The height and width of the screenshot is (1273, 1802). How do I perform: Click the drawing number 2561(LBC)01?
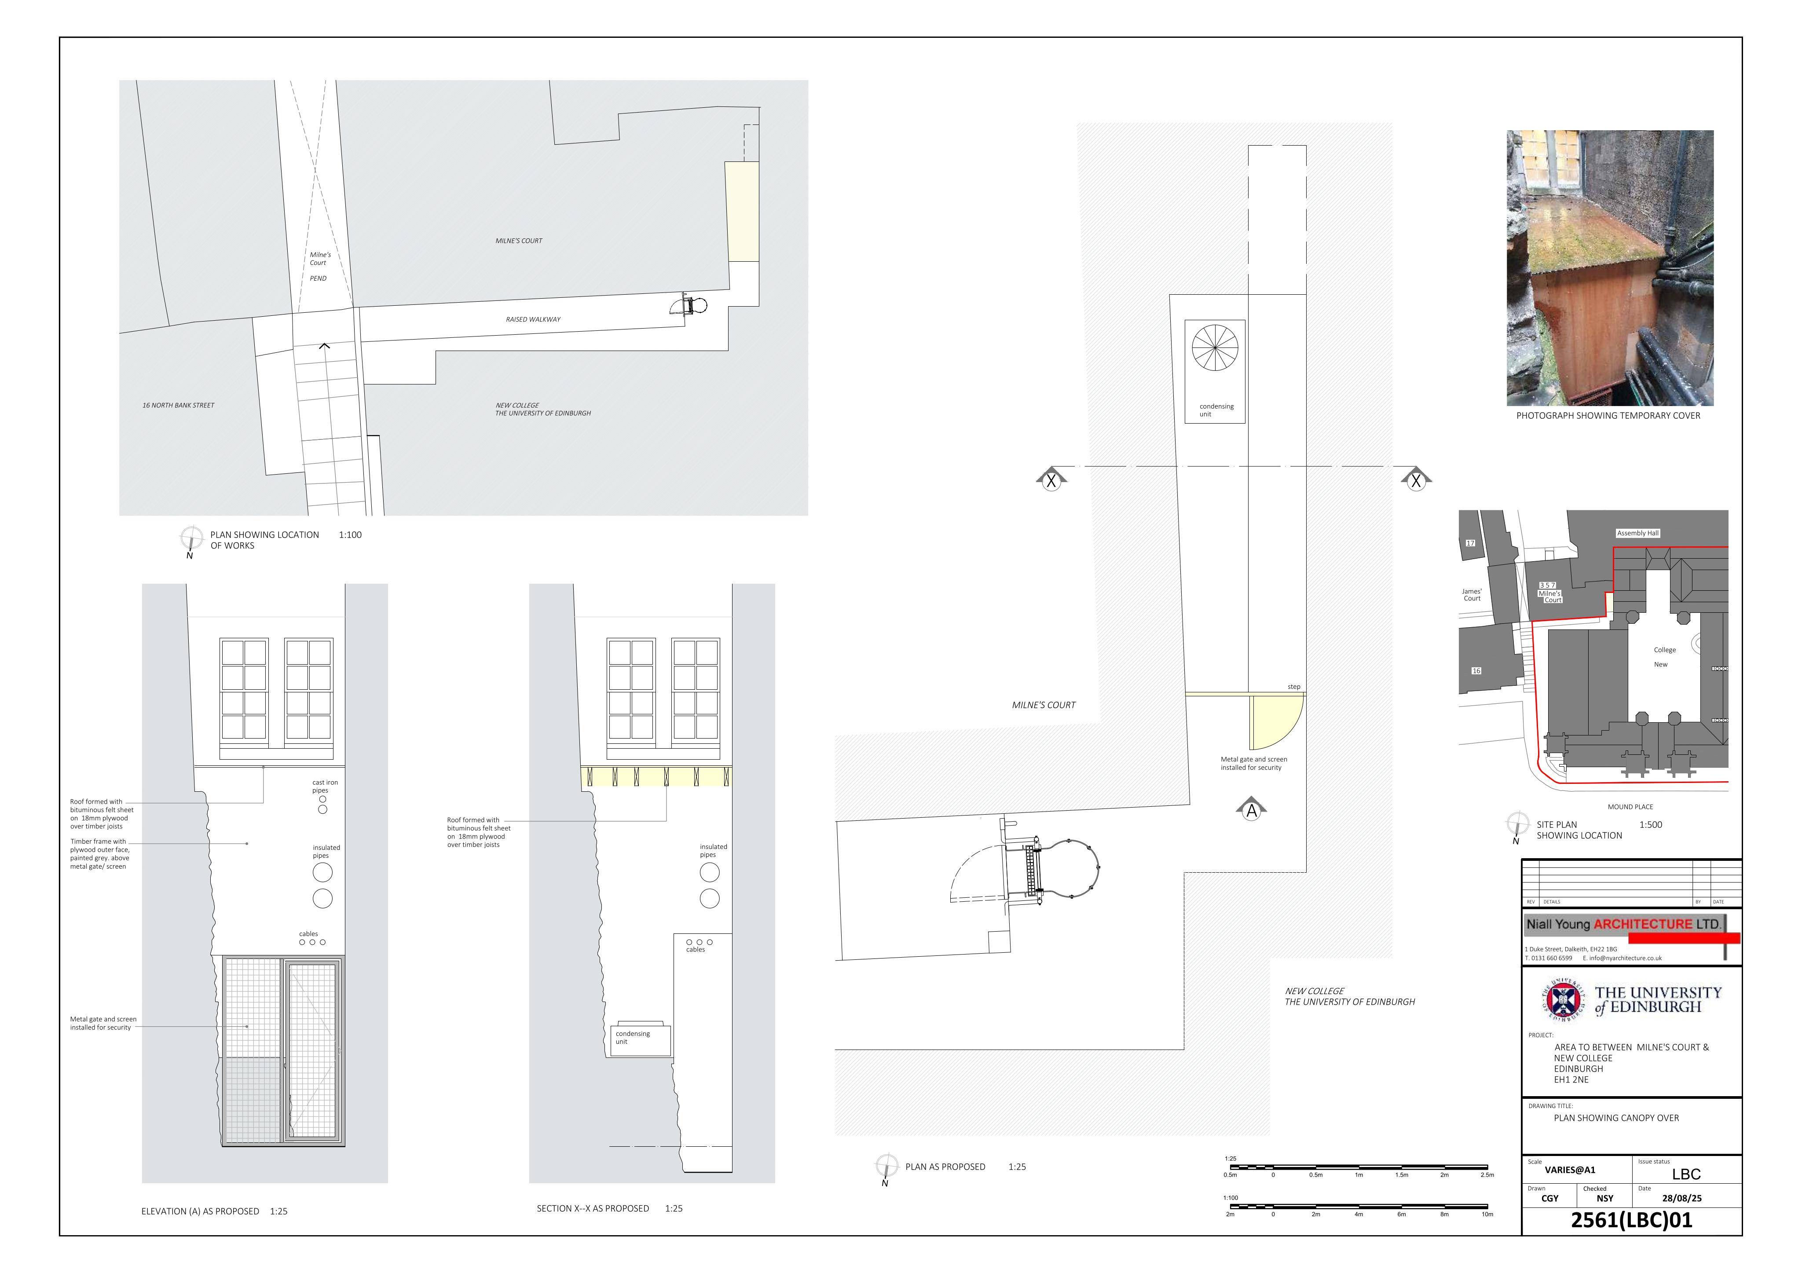coord(1631,1220)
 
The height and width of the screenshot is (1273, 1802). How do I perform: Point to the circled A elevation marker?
coord(1252,811)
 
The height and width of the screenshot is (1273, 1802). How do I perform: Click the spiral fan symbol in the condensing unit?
coord(1215,348)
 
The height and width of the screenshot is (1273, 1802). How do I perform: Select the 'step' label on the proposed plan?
coord(1293,687)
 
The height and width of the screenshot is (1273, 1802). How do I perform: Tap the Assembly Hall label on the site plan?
coord(1638,533)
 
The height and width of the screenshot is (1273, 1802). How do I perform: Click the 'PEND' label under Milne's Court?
coord(318,278)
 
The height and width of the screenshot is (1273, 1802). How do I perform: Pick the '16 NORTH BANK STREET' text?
coord(178,406)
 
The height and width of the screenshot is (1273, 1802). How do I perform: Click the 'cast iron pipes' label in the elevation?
coord(325,786)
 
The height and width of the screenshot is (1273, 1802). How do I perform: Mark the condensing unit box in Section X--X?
coord(641,1040)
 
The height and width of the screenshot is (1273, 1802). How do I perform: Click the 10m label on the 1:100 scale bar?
coord(1487,1214)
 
